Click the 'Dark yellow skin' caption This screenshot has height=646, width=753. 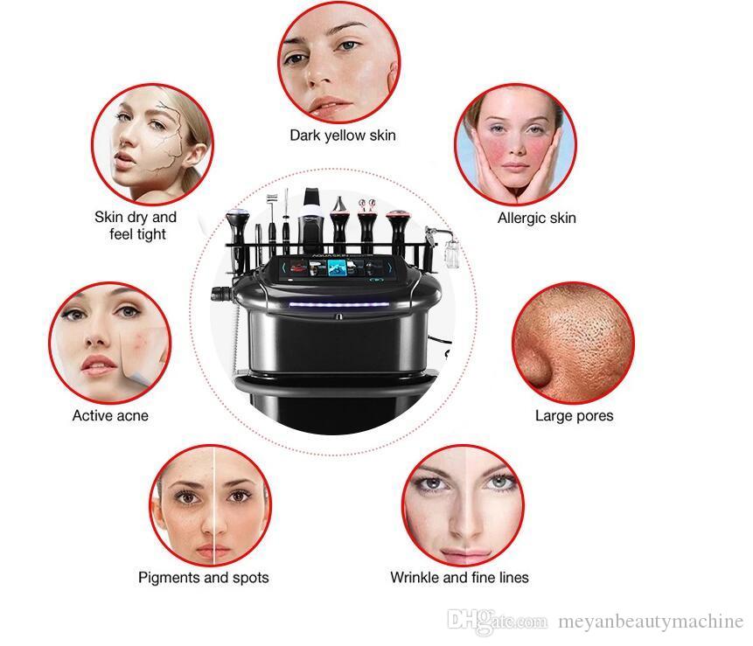[343, 135]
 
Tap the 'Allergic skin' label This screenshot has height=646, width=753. [536, 218]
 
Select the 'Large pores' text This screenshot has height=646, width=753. [575, 415]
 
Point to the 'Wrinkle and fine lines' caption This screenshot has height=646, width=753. [459, 577]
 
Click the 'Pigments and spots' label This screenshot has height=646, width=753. [204, 577]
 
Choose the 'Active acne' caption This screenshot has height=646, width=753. [110, 415]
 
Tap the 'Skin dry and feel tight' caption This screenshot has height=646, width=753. [136, 226]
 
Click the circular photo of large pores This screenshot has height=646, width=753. [574, 343]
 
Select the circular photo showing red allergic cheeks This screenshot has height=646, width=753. [516, 144]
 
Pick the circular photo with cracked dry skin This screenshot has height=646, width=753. [152, 144]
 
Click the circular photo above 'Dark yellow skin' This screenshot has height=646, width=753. [339, 62]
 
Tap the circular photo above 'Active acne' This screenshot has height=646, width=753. [110, 343]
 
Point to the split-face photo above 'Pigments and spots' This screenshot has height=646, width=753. [211, 505]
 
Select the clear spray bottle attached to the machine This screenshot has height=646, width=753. [451, 253]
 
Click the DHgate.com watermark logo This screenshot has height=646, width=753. [497, 621]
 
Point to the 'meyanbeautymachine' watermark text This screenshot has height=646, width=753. [651, 622]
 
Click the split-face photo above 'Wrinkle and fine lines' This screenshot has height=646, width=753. [463, 505]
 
